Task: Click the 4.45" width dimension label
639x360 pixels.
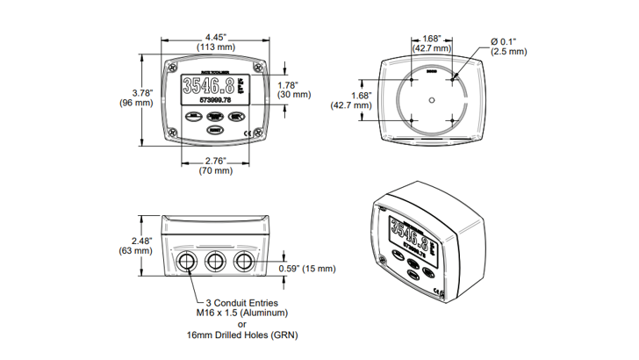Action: (215, 37)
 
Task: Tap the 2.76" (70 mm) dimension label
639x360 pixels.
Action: (215, 161)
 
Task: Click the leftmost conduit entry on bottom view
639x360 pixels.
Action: (186, 262)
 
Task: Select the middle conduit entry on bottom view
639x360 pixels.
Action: (214, 262)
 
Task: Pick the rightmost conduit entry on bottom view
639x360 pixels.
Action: (243, 262)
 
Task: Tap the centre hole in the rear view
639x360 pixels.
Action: (430, 99)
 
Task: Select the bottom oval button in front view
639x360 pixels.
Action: (214, 129)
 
